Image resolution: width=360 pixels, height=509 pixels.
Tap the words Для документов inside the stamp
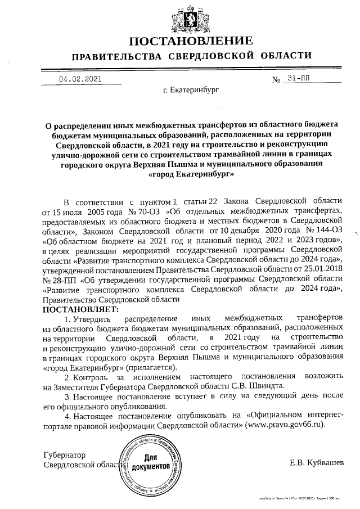click(150, 462)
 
